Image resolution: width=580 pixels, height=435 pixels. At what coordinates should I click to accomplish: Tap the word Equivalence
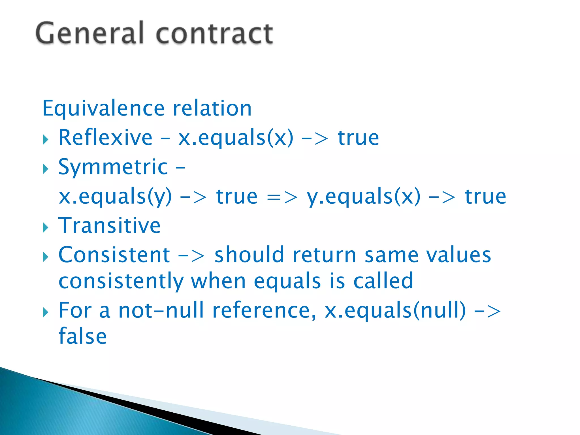click(x=103, y=108)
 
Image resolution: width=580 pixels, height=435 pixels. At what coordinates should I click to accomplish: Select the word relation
click(x=212, y=108)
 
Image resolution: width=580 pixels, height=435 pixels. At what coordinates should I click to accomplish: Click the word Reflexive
click(x=105, y=138)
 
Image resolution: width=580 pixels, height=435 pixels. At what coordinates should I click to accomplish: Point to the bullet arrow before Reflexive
click(x=46, y=140)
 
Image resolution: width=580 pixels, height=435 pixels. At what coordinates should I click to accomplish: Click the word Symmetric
click(x=113, y=167)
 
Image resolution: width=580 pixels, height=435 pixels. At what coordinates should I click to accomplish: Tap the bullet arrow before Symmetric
click(x=46, y=169)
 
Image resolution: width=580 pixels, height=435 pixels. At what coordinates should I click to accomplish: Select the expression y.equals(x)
click(x=364, y=197)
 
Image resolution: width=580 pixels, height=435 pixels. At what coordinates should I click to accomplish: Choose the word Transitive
click(x=109, y=226)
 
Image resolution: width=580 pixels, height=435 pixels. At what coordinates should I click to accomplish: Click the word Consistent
click(x=114, y=255)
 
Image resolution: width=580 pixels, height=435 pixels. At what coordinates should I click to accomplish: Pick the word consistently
click(x=121, y=281)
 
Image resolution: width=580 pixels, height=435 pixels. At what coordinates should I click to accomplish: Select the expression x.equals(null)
click(x=395, y=310)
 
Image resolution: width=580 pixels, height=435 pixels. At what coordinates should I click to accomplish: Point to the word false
click(x=83, y=336)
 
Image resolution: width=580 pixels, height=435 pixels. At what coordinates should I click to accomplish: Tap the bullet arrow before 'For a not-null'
click(x=46, y=313)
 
